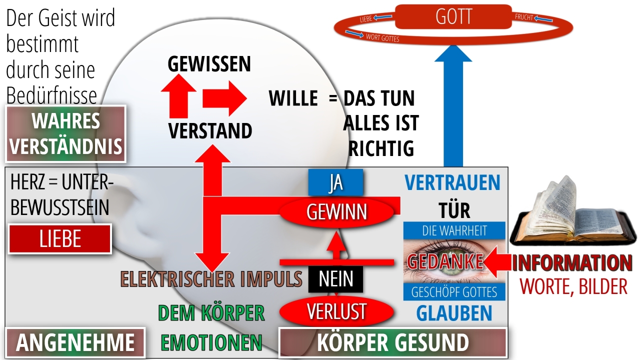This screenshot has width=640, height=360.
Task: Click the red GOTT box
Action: click(453, 16)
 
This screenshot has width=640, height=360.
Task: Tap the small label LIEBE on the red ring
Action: click(365, 19)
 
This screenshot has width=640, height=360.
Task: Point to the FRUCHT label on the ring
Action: click(524, 17)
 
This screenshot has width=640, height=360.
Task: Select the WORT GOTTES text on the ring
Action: click(382, 37)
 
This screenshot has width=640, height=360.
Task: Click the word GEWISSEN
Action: click(209, 63)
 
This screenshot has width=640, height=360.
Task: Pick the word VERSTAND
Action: click(210, 131)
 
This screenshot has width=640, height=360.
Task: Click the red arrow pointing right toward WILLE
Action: click(225, 98)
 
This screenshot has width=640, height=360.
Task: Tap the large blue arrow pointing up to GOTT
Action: click(453, 105)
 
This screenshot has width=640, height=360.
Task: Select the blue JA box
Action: click(335, 182)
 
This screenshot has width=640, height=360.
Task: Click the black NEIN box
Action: click(335, 279)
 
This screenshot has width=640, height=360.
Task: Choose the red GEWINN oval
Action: click(336, 212)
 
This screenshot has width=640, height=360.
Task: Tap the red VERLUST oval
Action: click(336, 311)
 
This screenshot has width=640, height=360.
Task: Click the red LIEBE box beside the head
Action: click(60, 239)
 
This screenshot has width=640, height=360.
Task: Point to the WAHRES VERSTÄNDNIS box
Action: click(65, 133)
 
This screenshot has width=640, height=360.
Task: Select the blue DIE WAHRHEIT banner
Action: click(454, 230)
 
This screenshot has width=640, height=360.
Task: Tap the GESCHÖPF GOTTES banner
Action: click(454, 291)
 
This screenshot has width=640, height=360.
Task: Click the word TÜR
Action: click(454, 210)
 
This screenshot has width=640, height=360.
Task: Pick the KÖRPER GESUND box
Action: click(393, 342)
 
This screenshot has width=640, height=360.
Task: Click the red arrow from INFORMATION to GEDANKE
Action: click(496, 262)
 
